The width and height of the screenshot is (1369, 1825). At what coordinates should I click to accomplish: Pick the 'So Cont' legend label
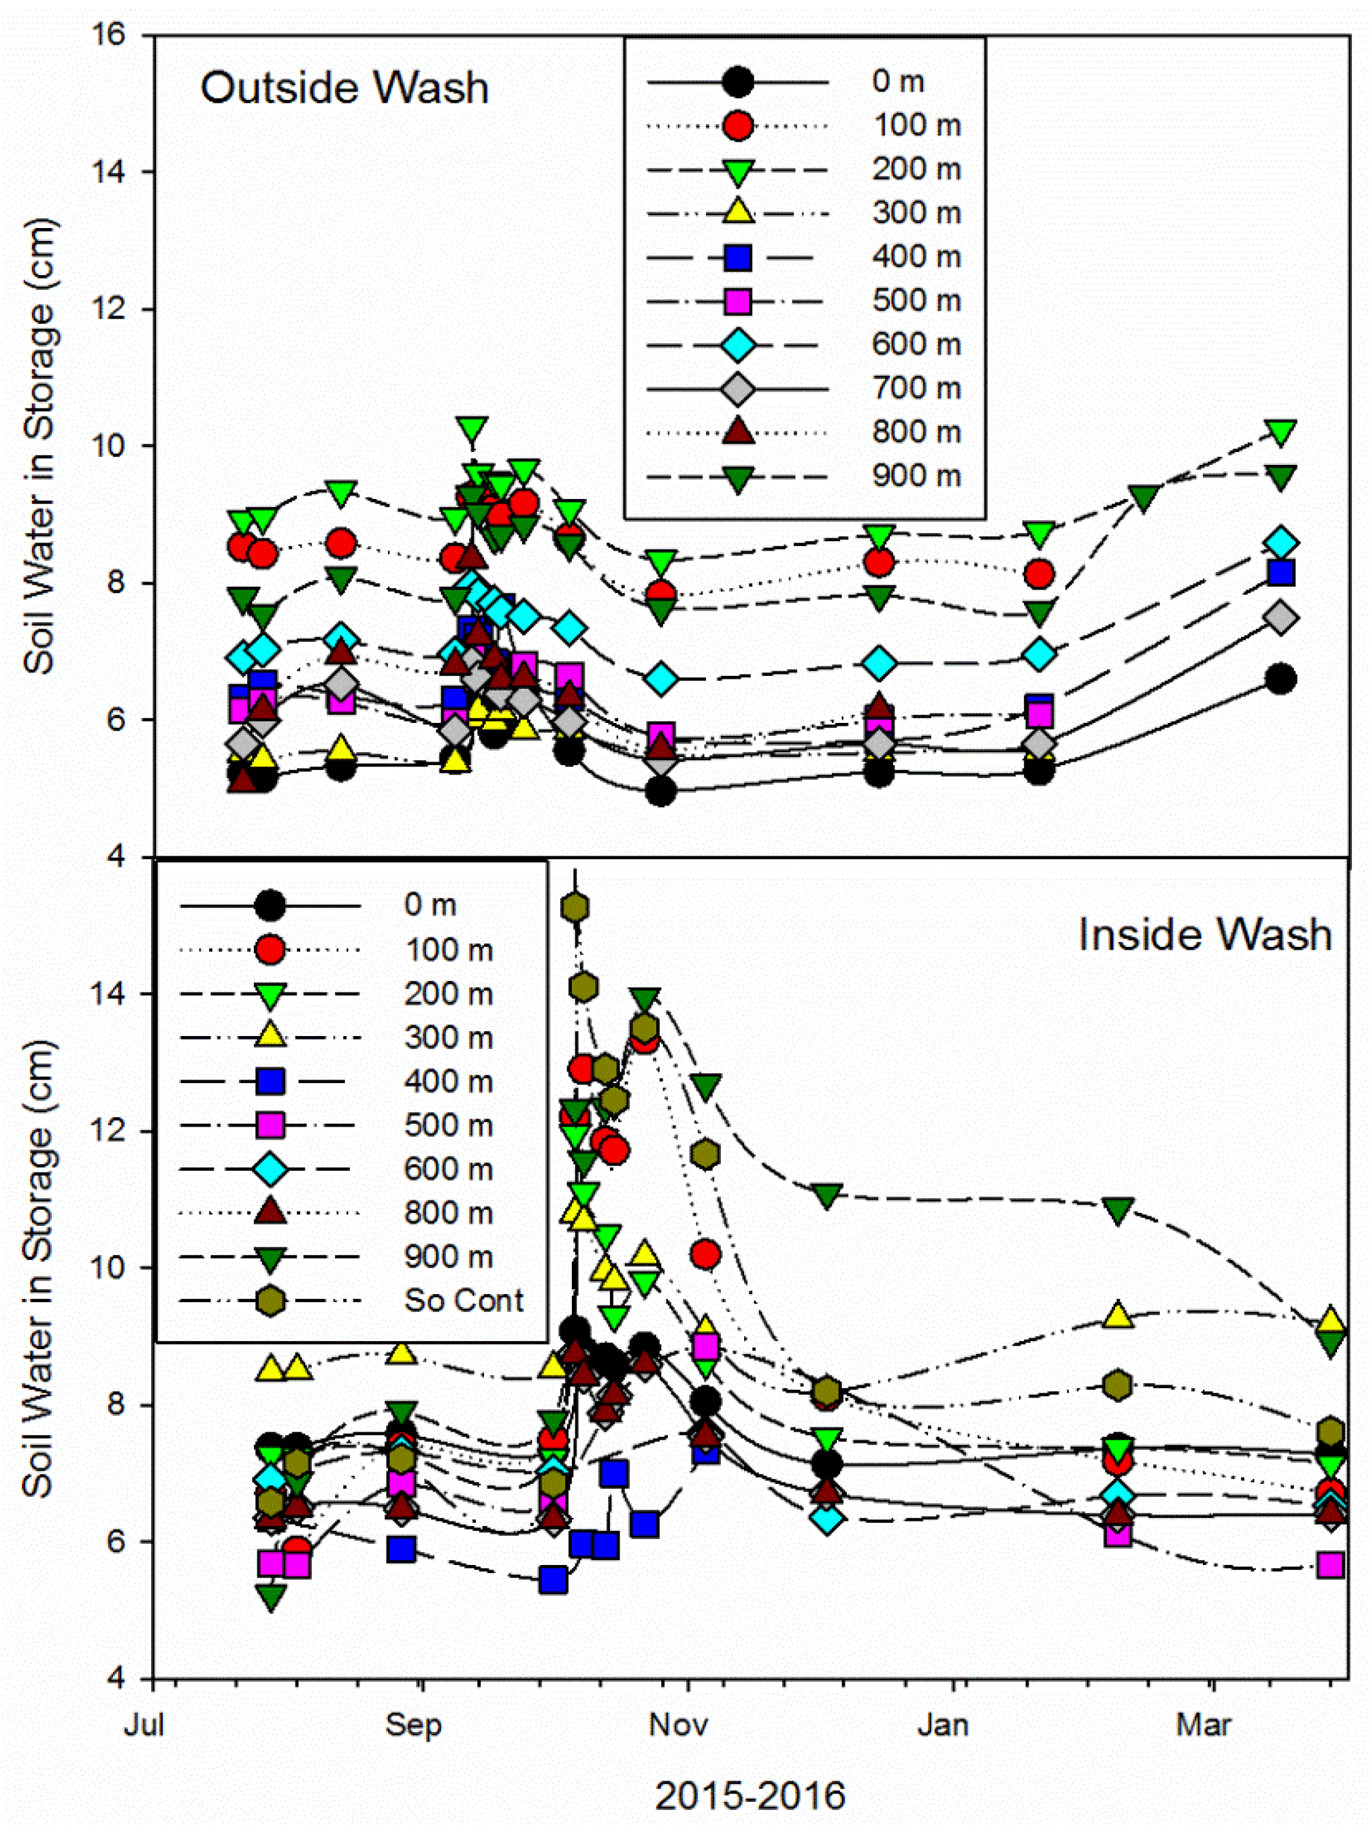463,1300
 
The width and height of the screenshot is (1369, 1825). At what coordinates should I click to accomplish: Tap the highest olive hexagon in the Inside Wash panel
575,907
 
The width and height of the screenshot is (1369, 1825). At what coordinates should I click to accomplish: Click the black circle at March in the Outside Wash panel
1280,679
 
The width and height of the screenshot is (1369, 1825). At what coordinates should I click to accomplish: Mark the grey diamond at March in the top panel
1280,617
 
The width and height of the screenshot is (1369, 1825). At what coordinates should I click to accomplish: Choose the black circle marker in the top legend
737,81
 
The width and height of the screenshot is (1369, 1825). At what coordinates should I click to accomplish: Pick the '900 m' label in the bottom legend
448,1257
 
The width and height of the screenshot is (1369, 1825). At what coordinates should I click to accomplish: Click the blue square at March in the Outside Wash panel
1280,572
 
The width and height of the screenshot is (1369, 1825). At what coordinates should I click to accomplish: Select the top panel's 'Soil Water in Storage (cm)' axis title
39,445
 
